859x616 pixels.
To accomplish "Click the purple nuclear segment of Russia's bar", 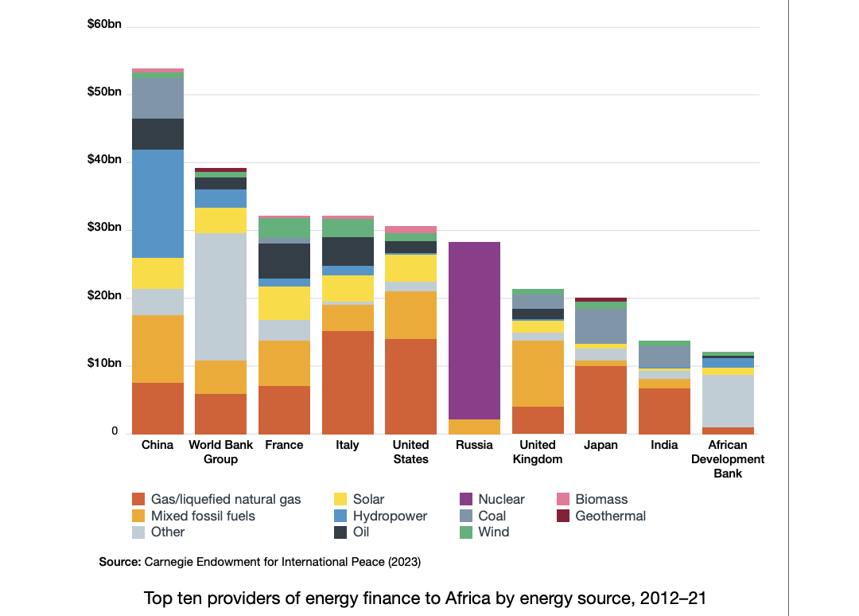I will (475, 330).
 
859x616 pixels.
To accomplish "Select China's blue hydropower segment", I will (157, 204).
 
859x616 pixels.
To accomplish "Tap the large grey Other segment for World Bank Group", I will (221, 297).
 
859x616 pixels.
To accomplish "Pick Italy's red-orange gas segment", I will (348, 382).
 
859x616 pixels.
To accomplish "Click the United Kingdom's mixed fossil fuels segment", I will (538, 373).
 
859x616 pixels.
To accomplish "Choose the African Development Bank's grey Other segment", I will (728, 401).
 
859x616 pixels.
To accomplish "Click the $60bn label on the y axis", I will (104, 25).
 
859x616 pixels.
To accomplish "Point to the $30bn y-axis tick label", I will (104, 228).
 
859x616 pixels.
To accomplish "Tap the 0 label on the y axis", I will (115, 431).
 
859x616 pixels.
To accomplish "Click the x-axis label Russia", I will (475, 445).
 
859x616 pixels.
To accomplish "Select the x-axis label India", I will (664, 445).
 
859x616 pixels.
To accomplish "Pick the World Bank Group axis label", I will (221, 452).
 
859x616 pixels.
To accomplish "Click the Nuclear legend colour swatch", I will (468, 500).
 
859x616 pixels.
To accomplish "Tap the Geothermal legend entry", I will (610, 516).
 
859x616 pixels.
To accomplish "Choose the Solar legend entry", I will (368, 500).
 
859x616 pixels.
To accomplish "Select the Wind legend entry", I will (493, 532).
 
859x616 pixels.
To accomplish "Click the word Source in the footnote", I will (119, 562).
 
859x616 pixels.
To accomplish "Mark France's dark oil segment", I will (284, 261).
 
